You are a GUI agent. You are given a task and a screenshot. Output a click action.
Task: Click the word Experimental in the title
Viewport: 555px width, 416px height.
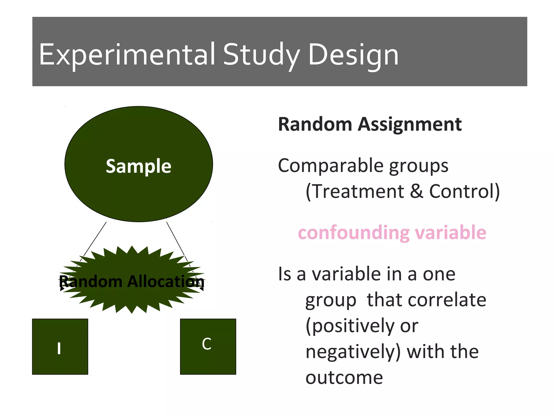pyautogui.click(x=127, y=55)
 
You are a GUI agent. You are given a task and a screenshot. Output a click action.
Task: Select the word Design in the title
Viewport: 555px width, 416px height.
pyautogui.click(x=353, y=55)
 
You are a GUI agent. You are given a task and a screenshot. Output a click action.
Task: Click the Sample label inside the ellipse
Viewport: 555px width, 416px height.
pyautogui.click(x=138, y=166)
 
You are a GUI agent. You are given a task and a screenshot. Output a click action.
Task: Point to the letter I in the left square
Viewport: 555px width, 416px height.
pyautogui.click(x=59, y=348)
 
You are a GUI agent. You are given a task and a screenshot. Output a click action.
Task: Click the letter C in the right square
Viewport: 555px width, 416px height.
pyautogui.click(x=206, y=344)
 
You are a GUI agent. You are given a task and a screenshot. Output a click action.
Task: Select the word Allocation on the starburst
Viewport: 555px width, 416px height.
pyautogui.click(x=166, y=281)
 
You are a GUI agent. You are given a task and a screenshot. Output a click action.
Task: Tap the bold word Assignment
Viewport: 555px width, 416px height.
pyautogui.click(x=410, y=124)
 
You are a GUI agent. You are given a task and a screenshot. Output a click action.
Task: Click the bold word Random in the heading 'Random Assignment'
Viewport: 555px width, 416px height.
pyautogui.click(x=315, y=124)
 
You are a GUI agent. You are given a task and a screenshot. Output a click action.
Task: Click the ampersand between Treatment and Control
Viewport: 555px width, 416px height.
pyautogui.click(x=417, y=191)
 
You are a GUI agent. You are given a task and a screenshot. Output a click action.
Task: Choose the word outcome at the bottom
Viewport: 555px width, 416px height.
pyautogui.click(x=344, y=378)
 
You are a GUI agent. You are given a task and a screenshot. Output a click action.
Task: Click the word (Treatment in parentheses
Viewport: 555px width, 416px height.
pyautogui.click(x=354, y=191)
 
